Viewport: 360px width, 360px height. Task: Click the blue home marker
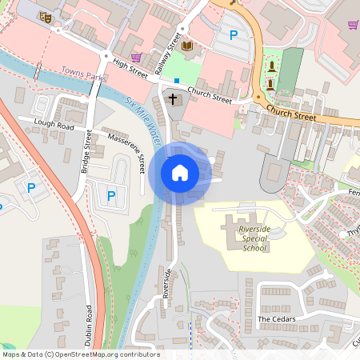pos(179,172)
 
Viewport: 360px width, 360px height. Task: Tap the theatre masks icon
pos(46,15)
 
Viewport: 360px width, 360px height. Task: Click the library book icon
pos(187,46)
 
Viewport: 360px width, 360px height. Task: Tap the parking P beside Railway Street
pos(234,34)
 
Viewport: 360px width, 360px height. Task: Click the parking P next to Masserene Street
pos(111,195)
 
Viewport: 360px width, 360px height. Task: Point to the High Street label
pos(131,70)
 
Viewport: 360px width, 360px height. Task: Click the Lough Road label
pos(54,125)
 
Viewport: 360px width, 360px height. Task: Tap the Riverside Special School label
pos(255,239)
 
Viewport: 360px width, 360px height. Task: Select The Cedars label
pos(277,319)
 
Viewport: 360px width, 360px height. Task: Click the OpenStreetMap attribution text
pos(81,354)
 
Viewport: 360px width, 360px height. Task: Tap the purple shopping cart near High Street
pos(136,57)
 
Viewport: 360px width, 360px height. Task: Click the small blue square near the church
pos(176,81)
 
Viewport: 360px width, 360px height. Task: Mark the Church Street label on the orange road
pos(292,114)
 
